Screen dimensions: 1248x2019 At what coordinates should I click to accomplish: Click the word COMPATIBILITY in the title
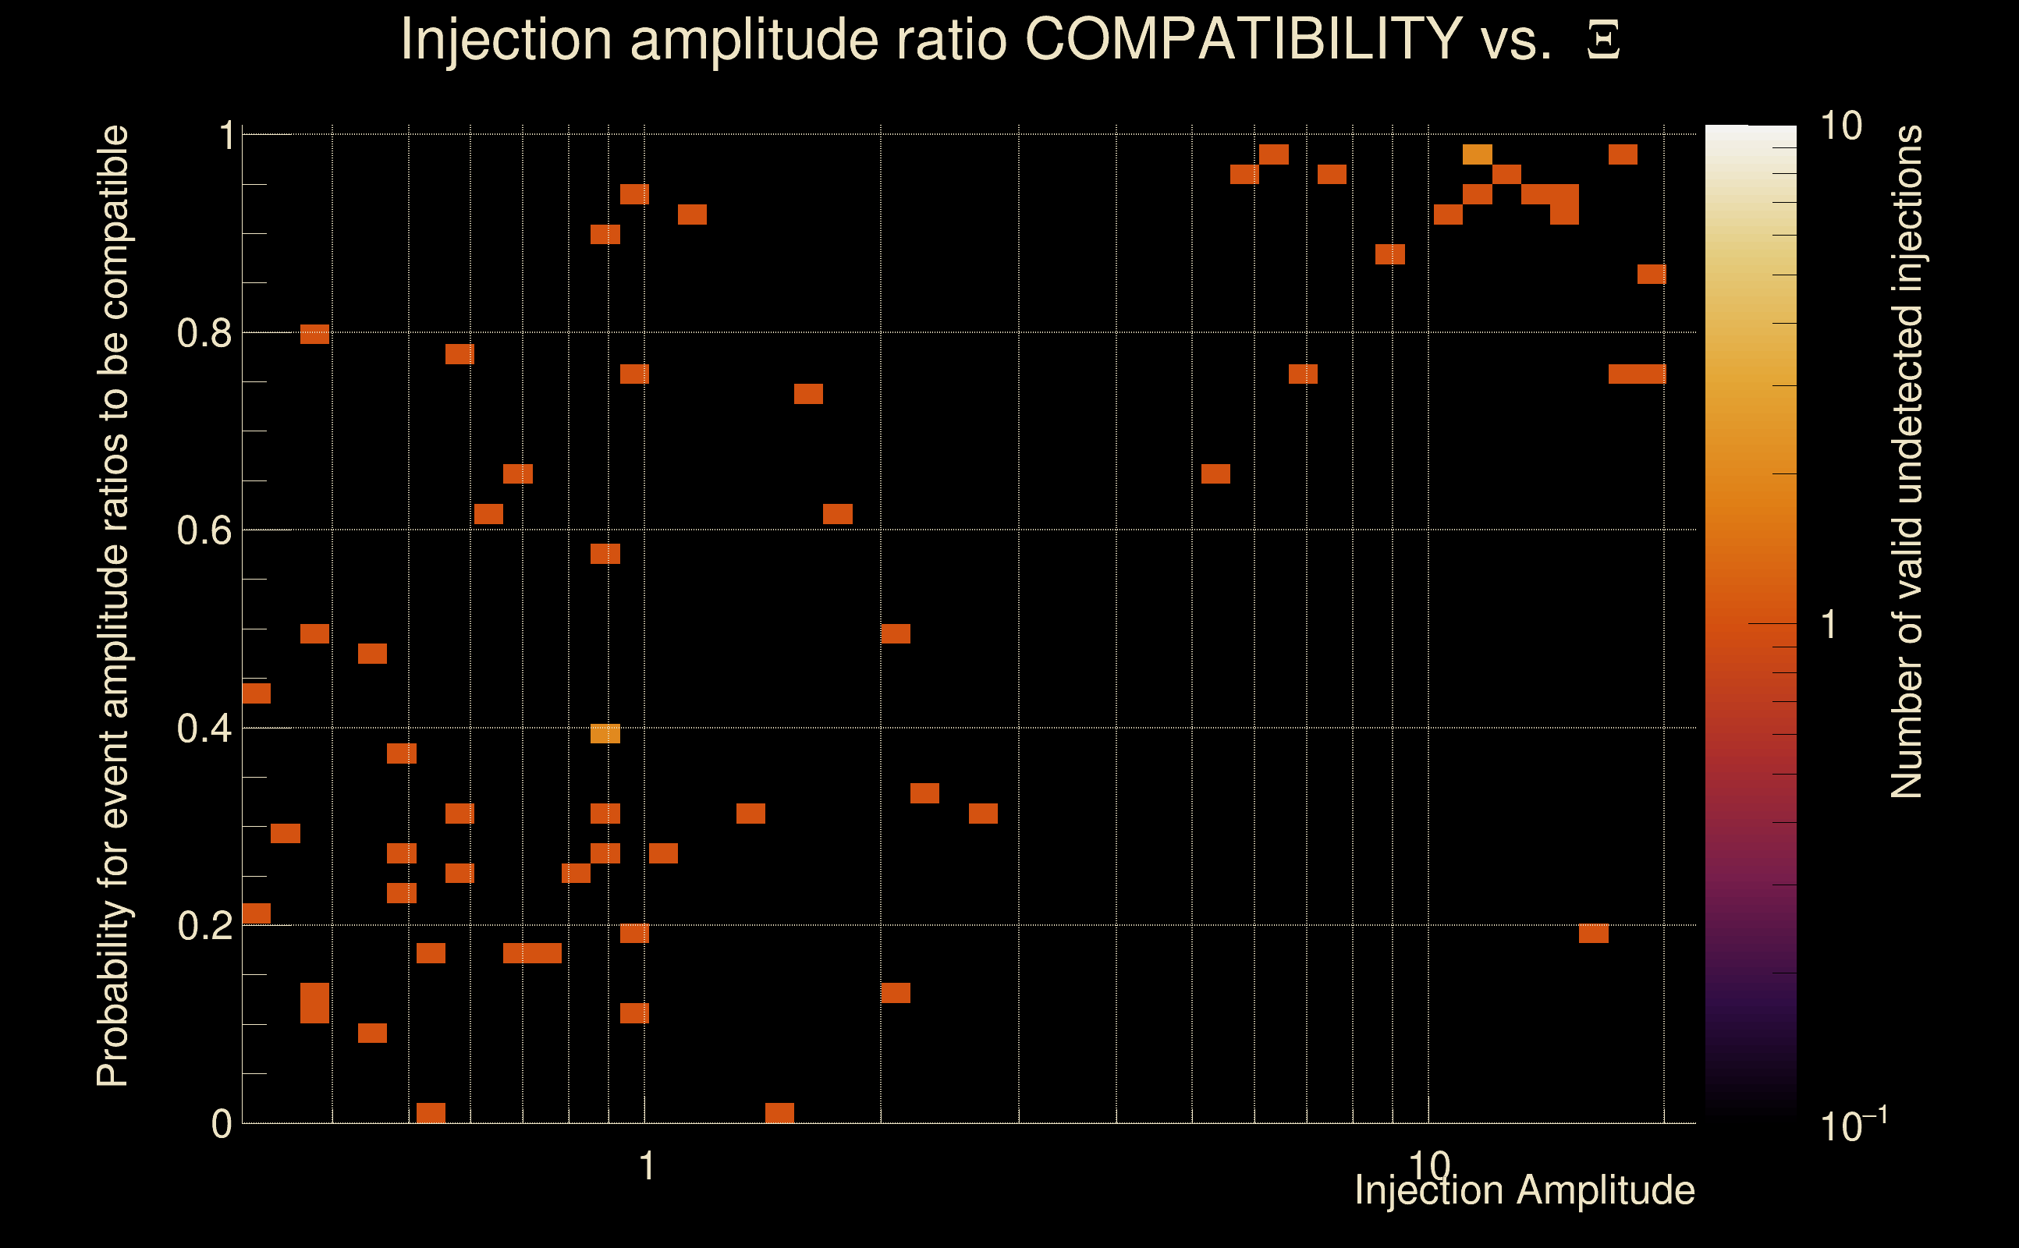(x=1243, y=39)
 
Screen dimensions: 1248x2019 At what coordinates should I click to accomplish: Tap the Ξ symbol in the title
(x=1603, y=41)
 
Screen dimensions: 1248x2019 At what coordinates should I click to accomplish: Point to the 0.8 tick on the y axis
(x=204, y=334)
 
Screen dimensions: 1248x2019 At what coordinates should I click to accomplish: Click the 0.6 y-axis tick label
(x=204, y=530)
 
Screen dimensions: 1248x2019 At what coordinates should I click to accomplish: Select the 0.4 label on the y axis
(x=204, y=729)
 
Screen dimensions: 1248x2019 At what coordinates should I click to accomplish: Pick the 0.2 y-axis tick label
(x=204, y=926)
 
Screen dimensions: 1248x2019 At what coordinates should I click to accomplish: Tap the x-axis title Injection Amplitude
(x=1524, y=1190)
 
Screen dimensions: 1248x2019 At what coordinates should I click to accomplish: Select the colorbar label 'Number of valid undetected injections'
(x=1907, y=463)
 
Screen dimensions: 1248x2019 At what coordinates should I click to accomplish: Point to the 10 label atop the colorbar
(x=1840, y=127)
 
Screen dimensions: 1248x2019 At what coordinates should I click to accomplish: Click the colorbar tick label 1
(x=1829, y=625)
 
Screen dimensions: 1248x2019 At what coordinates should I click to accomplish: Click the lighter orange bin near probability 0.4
(x=605, y=733)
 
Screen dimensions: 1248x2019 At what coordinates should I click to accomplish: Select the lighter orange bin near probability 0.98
(x=1477, y=154)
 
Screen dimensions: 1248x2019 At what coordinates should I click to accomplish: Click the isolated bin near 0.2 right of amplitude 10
(x=1593, y=933)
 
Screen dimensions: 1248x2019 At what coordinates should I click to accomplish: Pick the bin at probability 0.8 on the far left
(x=314, y=335)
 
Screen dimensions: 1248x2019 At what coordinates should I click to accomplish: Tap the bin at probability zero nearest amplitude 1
(x=779, y=1112)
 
